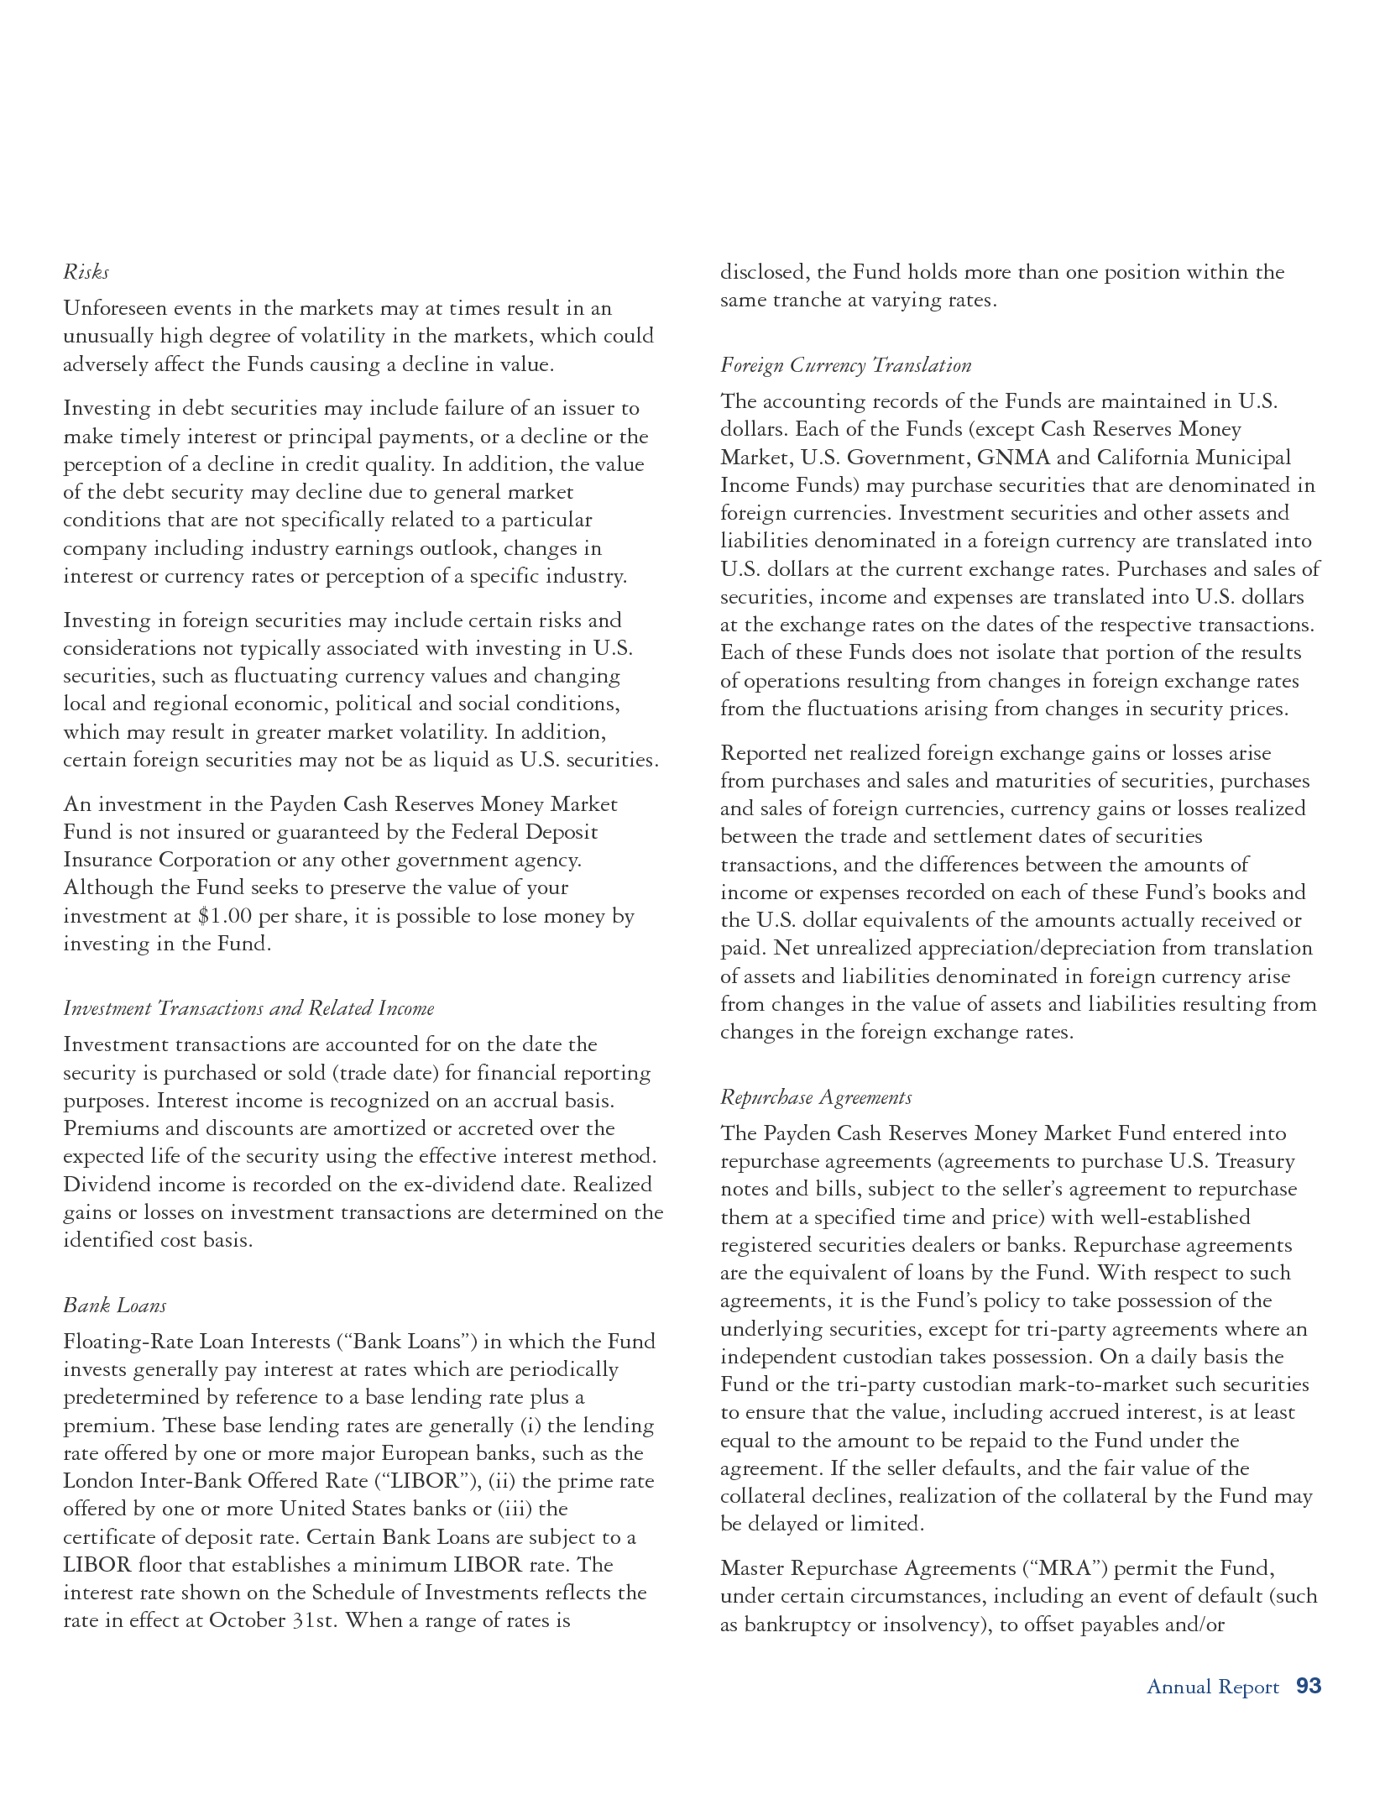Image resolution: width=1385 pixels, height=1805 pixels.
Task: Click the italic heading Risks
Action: tap(86, 272)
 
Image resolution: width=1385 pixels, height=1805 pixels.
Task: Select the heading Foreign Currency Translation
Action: tap(845, 365)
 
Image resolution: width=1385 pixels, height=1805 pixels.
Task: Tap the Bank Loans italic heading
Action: tap(115, 1305)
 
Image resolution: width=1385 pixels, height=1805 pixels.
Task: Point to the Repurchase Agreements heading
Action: tap(816, 1097)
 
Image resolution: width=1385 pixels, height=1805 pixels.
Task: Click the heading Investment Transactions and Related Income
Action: tap(248, 1008)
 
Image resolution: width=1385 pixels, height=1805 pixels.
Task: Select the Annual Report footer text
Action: tap(1212, 1687)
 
